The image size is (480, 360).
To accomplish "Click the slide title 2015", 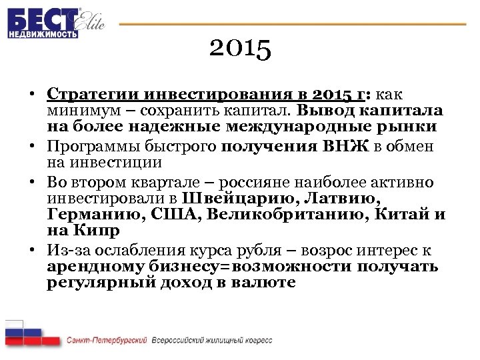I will (x=239, y=49).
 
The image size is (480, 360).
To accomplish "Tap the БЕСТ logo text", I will (x=41, y=18).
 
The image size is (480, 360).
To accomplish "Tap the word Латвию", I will (x=346, y=199).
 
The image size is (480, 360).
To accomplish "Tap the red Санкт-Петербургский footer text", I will (x=107, y=340).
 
